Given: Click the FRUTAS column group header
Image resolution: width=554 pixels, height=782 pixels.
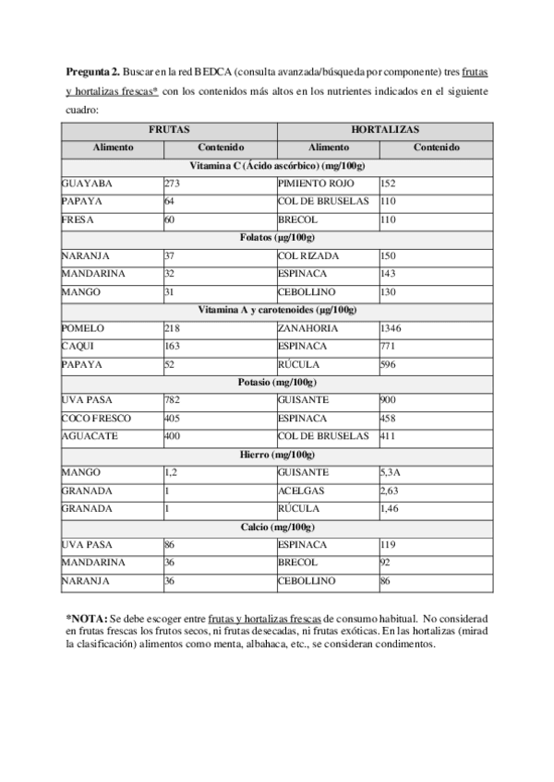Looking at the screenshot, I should tap(168, 130).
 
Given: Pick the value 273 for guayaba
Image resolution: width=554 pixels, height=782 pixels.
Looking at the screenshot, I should tap(171, 184).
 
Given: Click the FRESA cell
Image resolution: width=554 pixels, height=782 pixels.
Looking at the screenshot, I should tap(76, 219).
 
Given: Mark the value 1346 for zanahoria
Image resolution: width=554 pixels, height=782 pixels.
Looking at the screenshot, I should tap(392, 328).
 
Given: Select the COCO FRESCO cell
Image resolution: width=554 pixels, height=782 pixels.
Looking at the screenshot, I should tap(96, 418).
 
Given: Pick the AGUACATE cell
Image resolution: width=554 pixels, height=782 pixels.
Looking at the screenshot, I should tap(89, 435).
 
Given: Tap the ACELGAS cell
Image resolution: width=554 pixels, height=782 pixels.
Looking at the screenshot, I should tap(301, 490).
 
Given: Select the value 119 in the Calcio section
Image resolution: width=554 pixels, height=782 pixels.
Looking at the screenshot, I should tap(389, 545).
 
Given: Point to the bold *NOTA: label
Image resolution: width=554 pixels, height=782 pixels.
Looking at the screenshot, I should tap(86, 618).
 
